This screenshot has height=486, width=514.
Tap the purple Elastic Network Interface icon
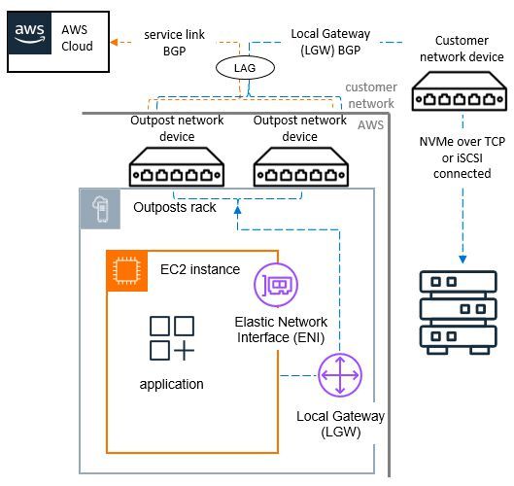click(x=275, y=286)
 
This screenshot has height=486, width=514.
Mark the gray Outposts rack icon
click(x=99, y=210)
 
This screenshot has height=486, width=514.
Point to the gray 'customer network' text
click(x=370, y=94)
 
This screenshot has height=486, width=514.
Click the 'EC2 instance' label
click(x=199, y=268)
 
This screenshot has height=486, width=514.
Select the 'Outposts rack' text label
click(x=174, y=208)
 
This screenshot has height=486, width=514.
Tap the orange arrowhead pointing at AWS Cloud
click(x=113, y=42)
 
